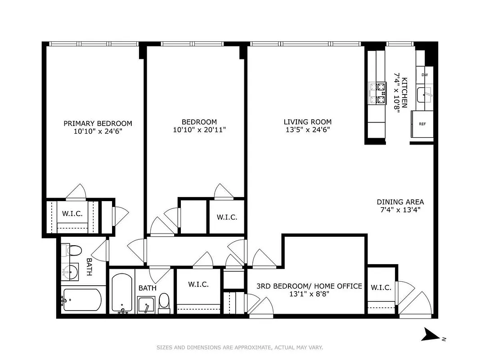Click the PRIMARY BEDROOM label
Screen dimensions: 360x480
pos(98,123)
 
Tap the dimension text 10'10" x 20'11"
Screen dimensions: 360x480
pos(199,130)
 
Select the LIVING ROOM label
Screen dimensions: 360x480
pos(307,122)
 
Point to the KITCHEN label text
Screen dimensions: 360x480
pos(404,93)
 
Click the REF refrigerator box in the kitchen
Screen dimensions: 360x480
pos(422,124)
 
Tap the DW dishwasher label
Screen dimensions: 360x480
pos(424,75)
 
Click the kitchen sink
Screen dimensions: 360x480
pos(424,94)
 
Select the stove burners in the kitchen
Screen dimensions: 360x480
pos(377,93)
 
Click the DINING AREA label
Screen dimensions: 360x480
pos(400,202)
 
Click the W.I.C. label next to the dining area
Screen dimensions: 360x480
pos(381,288)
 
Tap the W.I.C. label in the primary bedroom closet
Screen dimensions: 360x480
pos(72,214)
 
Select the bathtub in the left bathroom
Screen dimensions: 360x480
pos(82,299)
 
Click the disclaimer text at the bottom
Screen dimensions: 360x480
pos(240,347)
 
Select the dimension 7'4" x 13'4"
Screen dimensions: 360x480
pos(400,209)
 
